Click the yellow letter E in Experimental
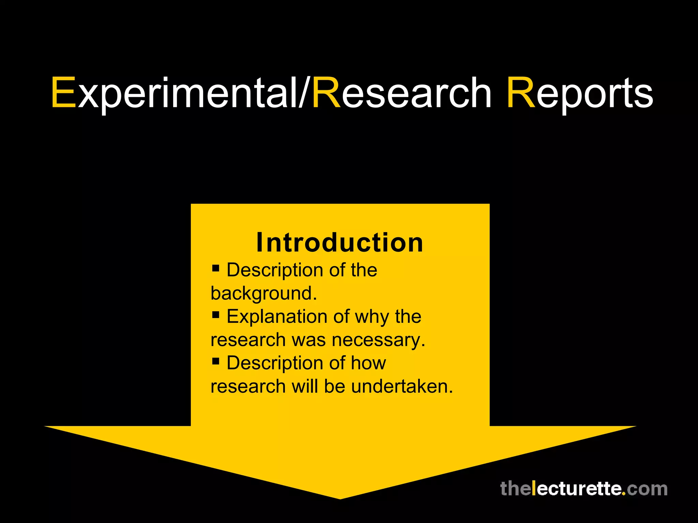coord(64,93)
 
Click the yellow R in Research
coord(327,93)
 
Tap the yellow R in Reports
coord(521,93)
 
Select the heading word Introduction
coord(340,242)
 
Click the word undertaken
coord(402,386)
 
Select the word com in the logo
coord(647,489)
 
